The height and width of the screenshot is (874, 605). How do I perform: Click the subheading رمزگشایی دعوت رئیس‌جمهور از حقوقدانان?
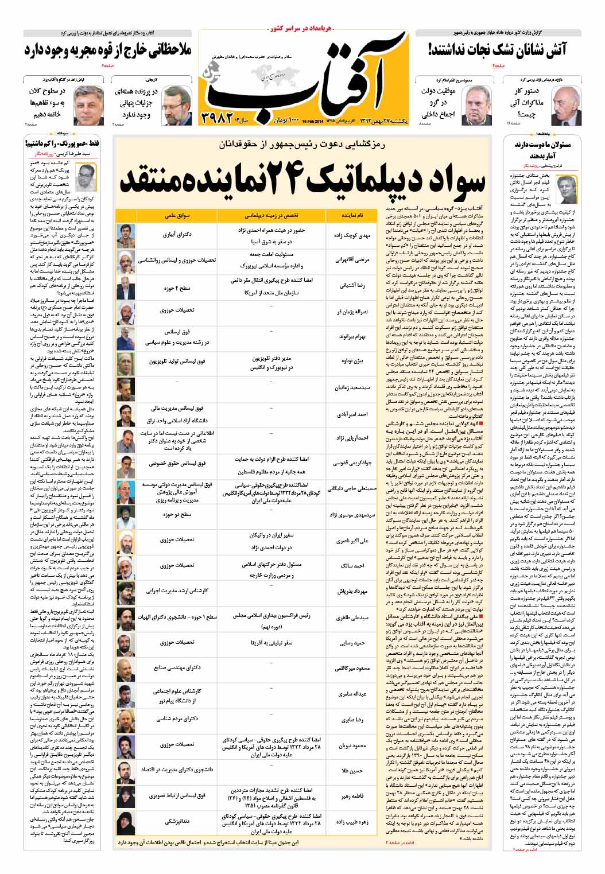pos(303,146)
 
